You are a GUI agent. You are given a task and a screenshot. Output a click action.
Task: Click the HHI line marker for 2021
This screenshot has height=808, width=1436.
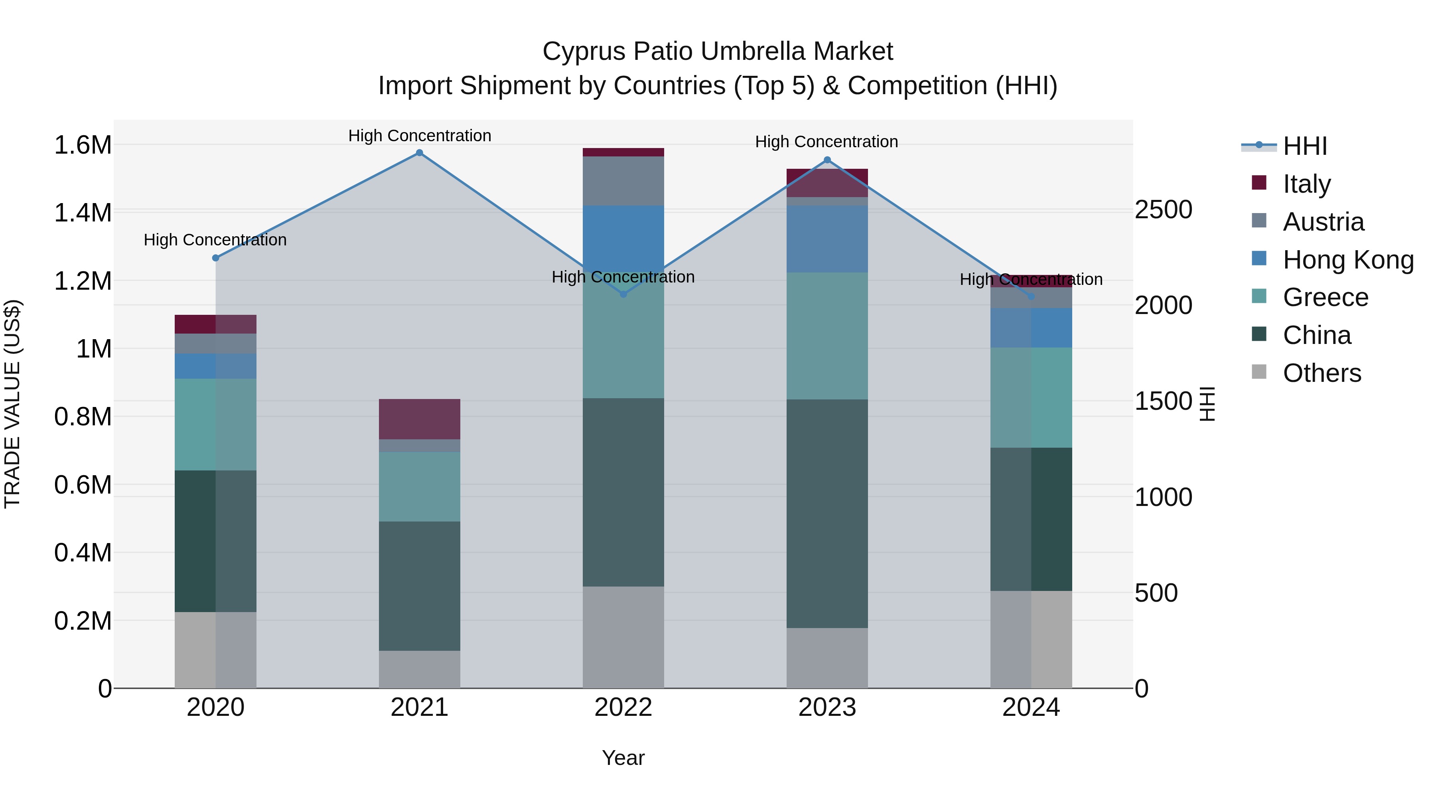[x=420, y=153]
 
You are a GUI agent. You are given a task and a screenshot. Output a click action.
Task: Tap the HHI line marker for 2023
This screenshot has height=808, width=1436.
[x=827, y=160]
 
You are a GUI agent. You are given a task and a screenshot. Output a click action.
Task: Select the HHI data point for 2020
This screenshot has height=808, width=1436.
[x=216, y=258]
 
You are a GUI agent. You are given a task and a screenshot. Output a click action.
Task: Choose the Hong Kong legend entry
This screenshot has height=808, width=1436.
[x=1347, y=260]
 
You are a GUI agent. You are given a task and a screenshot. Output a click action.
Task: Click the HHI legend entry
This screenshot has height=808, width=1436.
[x=1304, y=146]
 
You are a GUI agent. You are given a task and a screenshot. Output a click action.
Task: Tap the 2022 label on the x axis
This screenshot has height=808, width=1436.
[x=623, y=707]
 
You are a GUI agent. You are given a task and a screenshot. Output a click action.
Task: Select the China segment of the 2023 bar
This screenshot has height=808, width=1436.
[x=827, y=513]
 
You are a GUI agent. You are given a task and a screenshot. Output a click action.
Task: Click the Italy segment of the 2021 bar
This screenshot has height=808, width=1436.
[x=420, y=419]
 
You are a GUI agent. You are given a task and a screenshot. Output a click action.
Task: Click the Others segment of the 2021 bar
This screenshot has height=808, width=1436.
[x=420, y=669]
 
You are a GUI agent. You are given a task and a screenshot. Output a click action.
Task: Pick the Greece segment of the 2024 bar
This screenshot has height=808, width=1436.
[x=1031, y=397]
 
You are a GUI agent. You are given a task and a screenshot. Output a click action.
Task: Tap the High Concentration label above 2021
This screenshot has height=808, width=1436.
[x=420, y=136]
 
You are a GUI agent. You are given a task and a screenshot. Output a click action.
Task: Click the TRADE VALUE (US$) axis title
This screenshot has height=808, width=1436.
[x=13, y=404]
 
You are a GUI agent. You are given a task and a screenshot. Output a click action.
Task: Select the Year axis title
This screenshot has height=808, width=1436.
[x=623, y=758]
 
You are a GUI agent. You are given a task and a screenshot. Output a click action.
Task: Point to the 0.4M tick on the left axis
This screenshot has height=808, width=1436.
[x=83, y=553]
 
